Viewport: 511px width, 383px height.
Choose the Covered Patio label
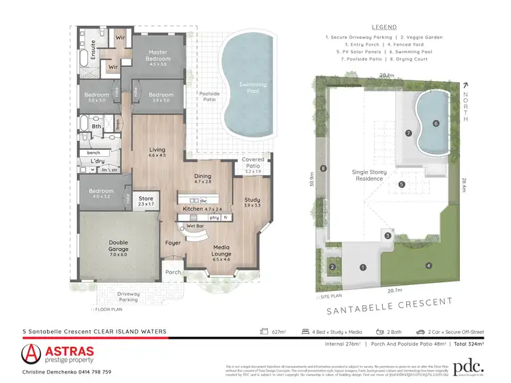[253, 162]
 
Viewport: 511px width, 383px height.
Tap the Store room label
[146, 200]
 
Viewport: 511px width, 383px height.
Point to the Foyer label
[172, 243]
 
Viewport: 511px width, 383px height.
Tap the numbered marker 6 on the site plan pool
[436, 123]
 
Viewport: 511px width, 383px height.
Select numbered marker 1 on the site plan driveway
[363, 267]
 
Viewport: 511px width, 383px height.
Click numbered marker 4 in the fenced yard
[429, 265]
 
